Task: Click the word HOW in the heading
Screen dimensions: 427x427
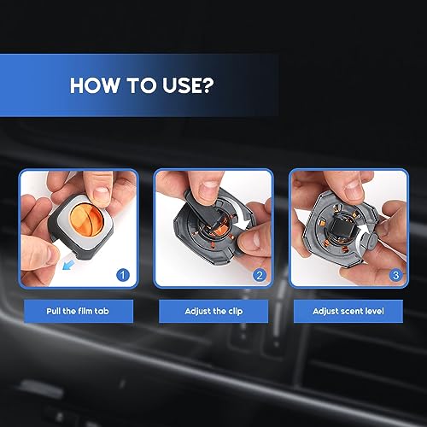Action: click(x=95, y=85)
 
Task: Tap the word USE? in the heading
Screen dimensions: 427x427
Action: click(x=188, y=85)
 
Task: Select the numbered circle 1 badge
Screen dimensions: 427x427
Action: click(x=123, y=275)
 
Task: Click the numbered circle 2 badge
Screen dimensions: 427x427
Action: click(x=260, y=275)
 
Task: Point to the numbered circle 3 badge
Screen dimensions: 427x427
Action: click(x=395, y=275)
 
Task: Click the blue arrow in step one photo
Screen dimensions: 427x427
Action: click(x=68, y=266)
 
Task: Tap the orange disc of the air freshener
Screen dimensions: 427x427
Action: click(x=86, y=221)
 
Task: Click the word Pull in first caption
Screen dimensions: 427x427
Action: click(x=54, y=311)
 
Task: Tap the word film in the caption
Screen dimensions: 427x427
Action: click(x=85, y=311)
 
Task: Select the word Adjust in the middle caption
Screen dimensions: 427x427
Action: click(x=196, y=312)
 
